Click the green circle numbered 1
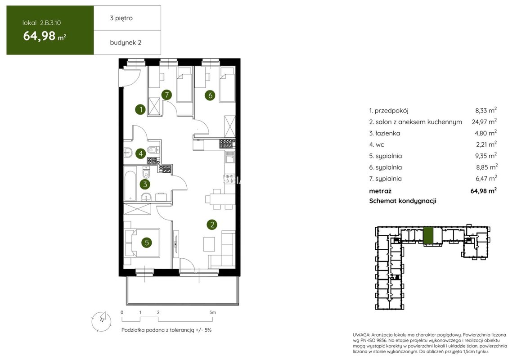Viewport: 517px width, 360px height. click(141, 109)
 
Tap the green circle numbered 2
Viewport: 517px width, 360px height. click(212, 225)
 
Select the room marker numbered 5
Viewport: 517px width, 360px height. click(147, 243)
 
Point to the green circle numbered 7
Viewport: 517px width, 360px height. click(167, 95)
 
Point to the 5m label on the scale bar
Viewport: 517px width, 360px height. click(213, 312)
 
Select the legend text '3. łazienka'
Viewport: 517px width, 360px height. click(384, 133)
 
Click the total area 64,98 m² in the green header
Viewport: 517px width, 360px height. click(45, 36)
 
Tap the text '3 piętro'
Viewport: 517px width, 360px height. click(121, 18)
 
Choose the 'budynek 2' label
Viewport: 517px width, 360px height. click(126, 43)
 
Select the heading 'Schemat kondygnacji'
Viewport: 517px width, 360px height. click(403, 201)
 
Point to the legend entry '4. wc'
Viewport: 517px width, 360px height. click(377, 144)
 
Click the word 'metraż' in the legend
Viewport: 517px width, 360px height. click(380, 191)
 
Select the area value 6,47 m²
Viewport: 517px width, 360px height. click(486, 178)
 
